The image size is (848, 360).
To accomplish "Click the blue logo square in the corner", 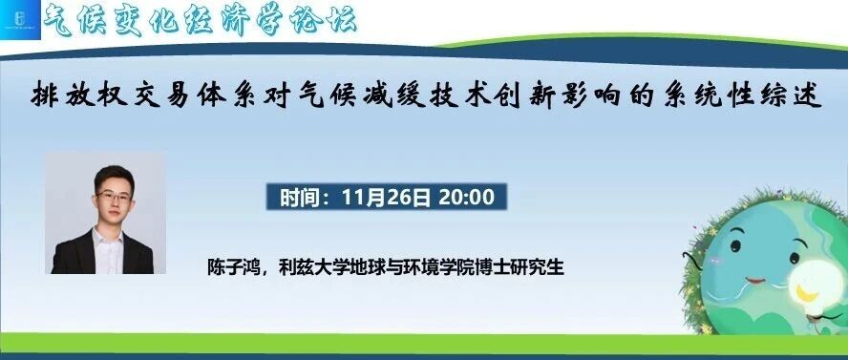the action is coord(20,20).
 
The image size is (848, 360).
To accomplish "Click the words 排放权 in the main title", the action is coord(79,96).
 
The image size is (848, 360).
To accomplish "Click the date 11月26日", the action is coord(386,198).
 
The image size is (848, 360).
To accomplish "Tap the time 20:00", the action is coord(467,198).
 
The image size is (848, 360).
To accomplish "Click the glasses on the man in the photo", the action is coord(114,197).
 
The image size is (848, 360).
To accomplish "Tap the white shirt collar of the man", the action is coord(108,237).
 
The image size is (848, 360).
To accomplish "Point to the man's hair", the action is coord(113,177).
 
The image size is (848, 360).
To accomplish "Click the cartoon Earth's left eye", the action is coord(735,246).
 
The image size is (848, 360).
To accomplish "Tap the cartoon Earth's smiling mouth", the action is coord(755,281).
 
